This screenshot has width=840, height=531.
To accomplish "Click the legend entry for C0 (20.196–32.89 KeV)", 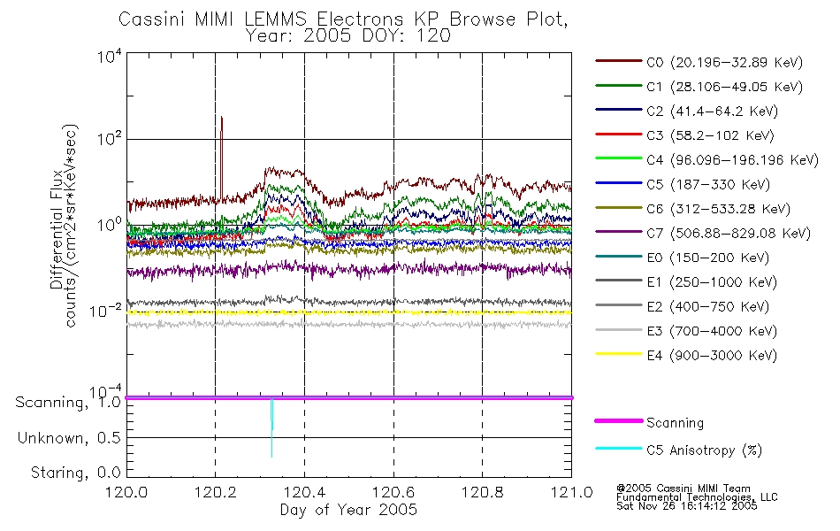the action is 699,62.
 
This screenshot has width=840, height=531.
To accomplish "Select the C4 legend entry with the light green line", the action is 707,160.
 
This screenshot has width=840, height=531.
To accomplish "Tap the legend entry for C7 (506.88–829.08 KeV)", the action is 703,234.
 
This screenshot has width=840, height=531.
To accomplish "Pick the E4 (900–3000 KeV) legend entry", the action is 686,355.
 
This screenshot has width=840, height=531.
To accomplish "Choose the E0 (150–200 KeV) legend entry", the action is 683,258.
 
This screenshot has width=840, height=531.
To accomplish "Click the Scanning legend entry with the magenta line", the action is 649,423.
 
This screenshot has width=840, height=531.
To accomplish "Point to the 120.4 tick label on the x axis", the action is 304,492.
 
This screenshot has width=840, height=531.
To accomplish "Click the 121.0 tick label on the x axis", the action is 571,492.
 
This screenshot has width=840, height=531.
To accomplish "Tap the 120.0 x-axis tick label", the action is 126,492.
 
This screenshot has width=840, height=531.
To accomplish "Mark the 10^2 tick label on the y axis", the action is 110,139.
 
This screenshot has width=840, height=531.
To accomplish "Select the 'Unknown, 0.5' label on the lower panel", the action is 69,438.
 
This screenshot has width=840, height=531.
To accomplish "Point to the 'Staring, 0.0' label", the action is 76,473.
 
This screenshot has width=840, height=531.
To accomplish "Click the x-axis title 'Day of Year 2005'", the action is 348,510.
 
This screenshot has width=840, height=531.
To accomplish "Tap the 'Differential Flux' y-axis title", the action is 57,229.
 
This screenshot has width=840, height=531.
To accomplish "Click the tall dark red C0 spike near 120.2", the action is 221,158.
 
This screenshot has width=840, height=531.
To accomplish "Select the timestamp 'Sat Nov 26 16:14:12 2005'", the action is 687,506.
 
